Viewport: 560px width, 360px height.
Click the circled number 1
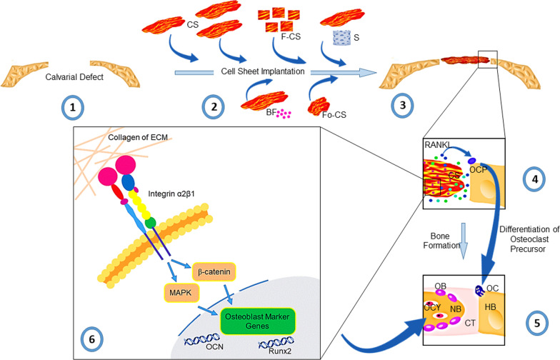pyautogui.click(x=73, y=107)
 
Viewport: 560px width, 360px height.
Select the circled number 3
pyautogui.click(x=403, y=106)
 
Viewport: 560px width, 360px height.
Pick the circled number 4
pyautogui.click(x=534, y=179)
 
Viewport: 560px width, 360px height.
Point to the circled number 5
pyautogui.click(x=537, y=323)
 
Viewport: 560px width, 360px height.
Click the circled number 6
pyautogui.click(x=91, y=339)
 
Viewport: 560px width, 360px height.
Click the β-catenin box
pyautogui.click(x=214, y=271)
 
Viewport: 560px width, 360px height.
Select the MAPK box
pyautogui.click(x=181, y=293)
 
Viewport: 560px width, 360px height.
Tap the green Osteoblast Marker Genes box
pyautogui.click(x=257, y=321)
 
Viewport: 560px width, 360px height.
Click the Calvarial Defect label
pyautogui.click(x=74, y=77)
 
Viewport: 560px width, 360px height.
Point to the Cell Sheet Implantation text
pyautogui.click(x=263, y=71)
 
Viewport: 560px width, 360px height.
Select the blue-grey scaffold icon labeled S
pyautogui.click(x=341, y=38)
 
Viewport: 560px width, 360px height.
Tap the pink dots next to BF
pyautogui.click(x=284, y=114)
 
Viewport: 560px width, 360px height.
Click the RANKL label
pyautogui.click(x=437, y=145)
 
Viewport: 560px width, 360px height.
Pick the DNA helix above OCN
pyautogui.click(x=201, y=339)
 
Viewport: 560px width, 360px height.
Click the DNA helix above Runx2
pyautogui.click(x=276, y=343)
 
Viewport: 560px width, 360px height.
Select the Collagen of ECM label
pyautogui.click(x=138, y=137)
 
